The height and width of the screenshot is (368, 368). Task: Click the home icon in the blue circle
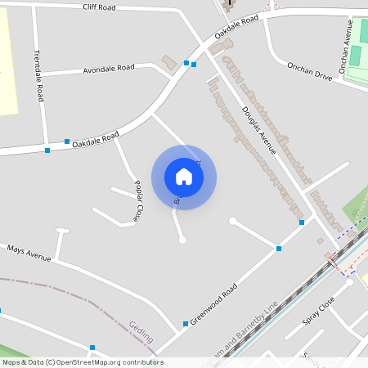click(184, 177)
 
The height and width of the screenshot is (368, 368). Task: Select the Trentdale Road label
click(38, 74)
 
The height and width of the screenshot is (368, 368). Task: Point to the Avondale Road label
click(109, 70)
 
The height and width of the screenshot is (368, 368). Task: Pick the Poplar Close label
click(139, 201)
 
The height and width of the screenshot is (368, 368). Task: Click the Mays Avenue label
click(29, 253)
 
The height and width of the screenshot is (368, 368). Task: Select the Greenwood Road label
click(213, 303)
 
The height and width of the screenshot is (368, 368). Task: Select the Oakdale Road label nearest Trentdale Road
click(95, 140)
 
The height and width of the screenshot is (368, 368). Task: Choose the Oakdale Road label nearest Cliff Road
click(237, 28)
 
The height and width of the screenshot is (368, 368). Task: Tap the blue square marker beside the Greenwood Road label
click(186, 324)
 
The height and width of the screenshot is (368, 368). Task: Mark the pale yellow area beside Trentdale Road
click(7, 61)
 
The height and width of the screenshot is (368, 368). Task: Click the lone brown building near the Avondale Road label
click(169, 63)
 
